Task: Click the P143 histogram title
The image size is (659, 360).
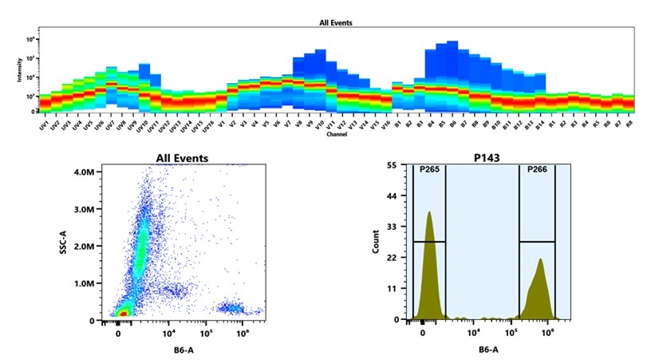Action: (x=489, y=158)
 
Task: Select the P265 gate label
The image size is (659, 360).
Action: (x=429, y=168)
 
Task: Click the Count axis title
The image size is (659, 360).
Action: (x=376, y=241)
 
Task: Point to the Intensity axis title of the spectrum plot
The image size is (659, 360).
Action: (x=19, y=73)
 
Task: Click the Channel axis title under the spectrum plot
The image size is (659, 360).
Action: (x=336, y=134)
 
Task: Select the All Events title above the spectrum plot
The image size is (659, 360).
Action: (x=336, y=23)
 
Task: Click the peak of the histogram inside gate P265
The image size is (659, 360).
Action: (x=429, y=213)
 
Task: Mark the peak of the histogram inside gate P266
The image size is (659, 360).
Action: (x=540, y=259)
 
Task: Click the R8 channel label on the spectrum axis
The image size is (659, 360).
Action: (x=629, y=124)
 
